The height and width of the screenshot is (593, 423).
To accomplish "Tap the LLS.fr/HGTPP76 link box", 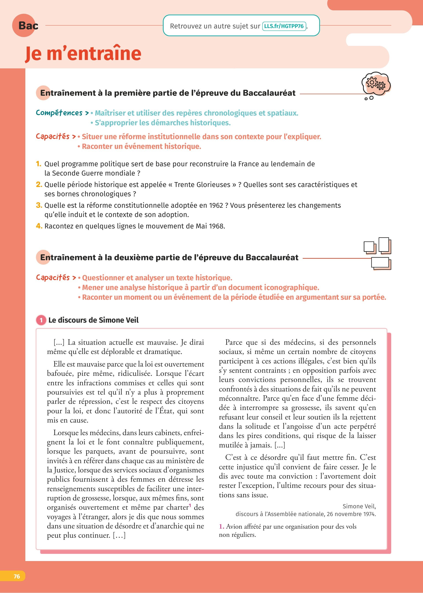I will coord(284,26).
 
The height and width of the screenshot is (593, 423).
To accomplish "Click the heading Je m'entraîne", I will coord(83,53).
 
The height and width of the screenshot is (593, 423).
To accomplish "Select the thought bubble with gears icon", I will coord(376,84).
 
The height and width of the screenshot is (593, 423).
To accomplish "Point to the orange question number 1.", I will coord(39,164).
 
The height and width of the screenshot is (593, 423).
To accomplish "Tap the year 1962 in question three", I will coord(216,205).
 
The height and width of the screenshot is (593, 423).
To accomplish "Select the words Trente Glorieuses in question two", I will coord(202,185).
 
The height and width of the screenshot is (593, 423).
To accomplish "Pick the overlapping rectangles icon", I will coord(378,253).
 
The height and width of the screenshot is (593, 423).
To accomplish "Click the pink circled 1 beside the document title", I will coord(41,320).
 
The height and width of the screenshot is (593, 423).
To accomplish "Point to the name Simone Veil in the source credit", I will coord(359,506).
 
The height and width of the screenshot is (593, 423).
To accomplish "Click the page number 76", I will coord(17,576).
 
